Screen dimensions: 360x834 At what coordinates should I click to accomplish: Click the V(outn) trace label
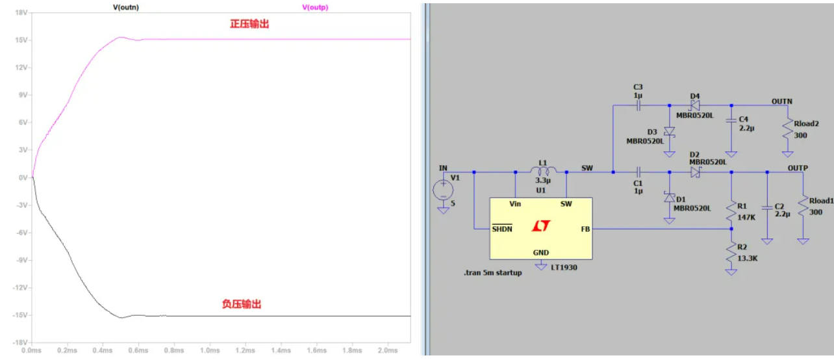coord(126,7)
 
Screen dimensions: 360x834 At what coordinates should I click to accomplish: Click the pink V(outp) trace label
coord(315,7)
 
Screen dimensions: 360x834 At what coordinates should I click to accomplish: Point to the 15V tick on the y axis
coord(19,40)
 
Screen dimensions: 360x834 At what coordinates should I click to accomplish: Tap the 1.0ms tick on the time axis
coord(210,350)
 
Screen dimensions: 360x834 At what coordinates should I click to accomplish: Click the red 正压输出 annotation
coord(249,24)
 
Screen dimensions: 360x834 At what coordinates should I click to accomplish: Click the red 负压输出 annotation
coord(242,304)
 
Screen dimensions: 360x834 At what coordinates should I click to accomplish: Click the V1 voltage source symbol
coord(444,189)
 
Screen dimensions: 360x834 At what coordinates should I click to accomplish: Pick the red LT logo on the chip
coord(540,226)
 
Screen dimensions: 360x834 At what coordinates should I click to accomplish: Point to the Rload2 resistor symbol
coord(787,129)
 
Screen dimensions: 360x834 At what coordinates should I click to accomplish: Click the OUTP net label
coord(798,168)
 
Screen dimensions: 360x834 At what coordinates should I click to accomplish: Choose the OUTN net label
coord(781,101)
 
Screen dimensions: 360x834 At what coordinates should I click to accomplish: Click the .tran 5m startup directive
coord(492,273)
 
